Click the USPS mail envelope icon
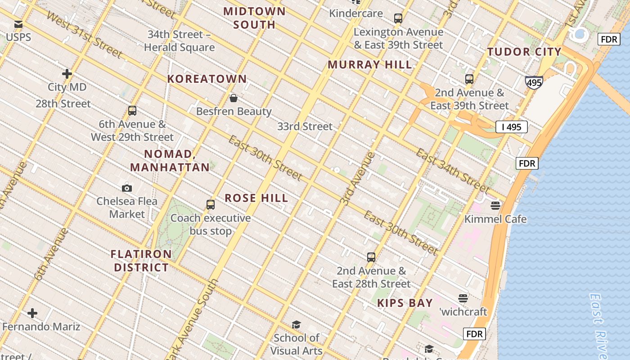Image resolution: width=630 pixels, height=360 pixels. click(18, 24)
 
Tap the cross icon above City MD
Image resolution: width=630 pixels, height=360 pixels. click(67, 74)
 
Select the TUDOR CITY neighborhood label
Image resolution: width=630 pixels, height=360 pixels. click(524, 52)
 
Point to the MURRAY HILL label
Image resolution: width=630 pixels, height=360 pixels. click(370, 65)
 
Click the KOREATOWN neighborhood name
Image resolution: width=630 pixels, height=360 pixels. click(207, 79)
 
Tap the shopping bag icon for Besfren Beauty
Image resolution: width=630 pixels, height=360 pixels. click(234, 98)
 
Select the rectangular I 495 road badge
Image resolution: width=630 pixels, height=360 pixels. click(511, 127)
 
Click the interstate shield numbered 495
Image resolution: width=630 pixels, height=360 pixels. click(534, 82)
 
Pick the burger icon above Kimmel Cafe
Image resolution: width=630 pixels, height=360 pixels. click(495, 206)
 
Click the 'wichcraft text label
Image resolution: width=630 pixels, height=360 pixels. click(463, 311)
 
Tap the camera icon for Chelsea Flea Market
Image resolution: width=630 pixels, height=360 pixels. click(127, 188)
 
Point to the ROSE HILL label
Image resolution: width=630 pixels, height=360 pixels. click(256, 198)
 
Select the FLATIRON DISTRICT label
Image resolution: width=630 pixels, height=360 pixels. click(141, 261)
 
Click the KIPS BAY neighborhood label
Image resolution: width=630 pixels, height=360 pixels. click(405, 303)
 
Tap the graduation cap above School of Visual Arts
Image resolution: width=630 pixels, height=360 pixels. click(296, 324)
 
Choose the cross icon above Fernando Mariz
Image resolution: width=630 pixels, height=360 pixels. click(32, 313)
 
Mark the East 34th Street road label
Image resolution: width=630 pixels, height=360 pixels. click(452, 171)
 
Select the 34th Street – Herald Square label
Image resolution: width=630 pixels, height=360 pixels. click(180, 41)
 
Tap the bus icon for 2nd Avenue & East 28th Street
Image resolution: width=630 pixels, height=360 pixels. click(371, 257)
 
